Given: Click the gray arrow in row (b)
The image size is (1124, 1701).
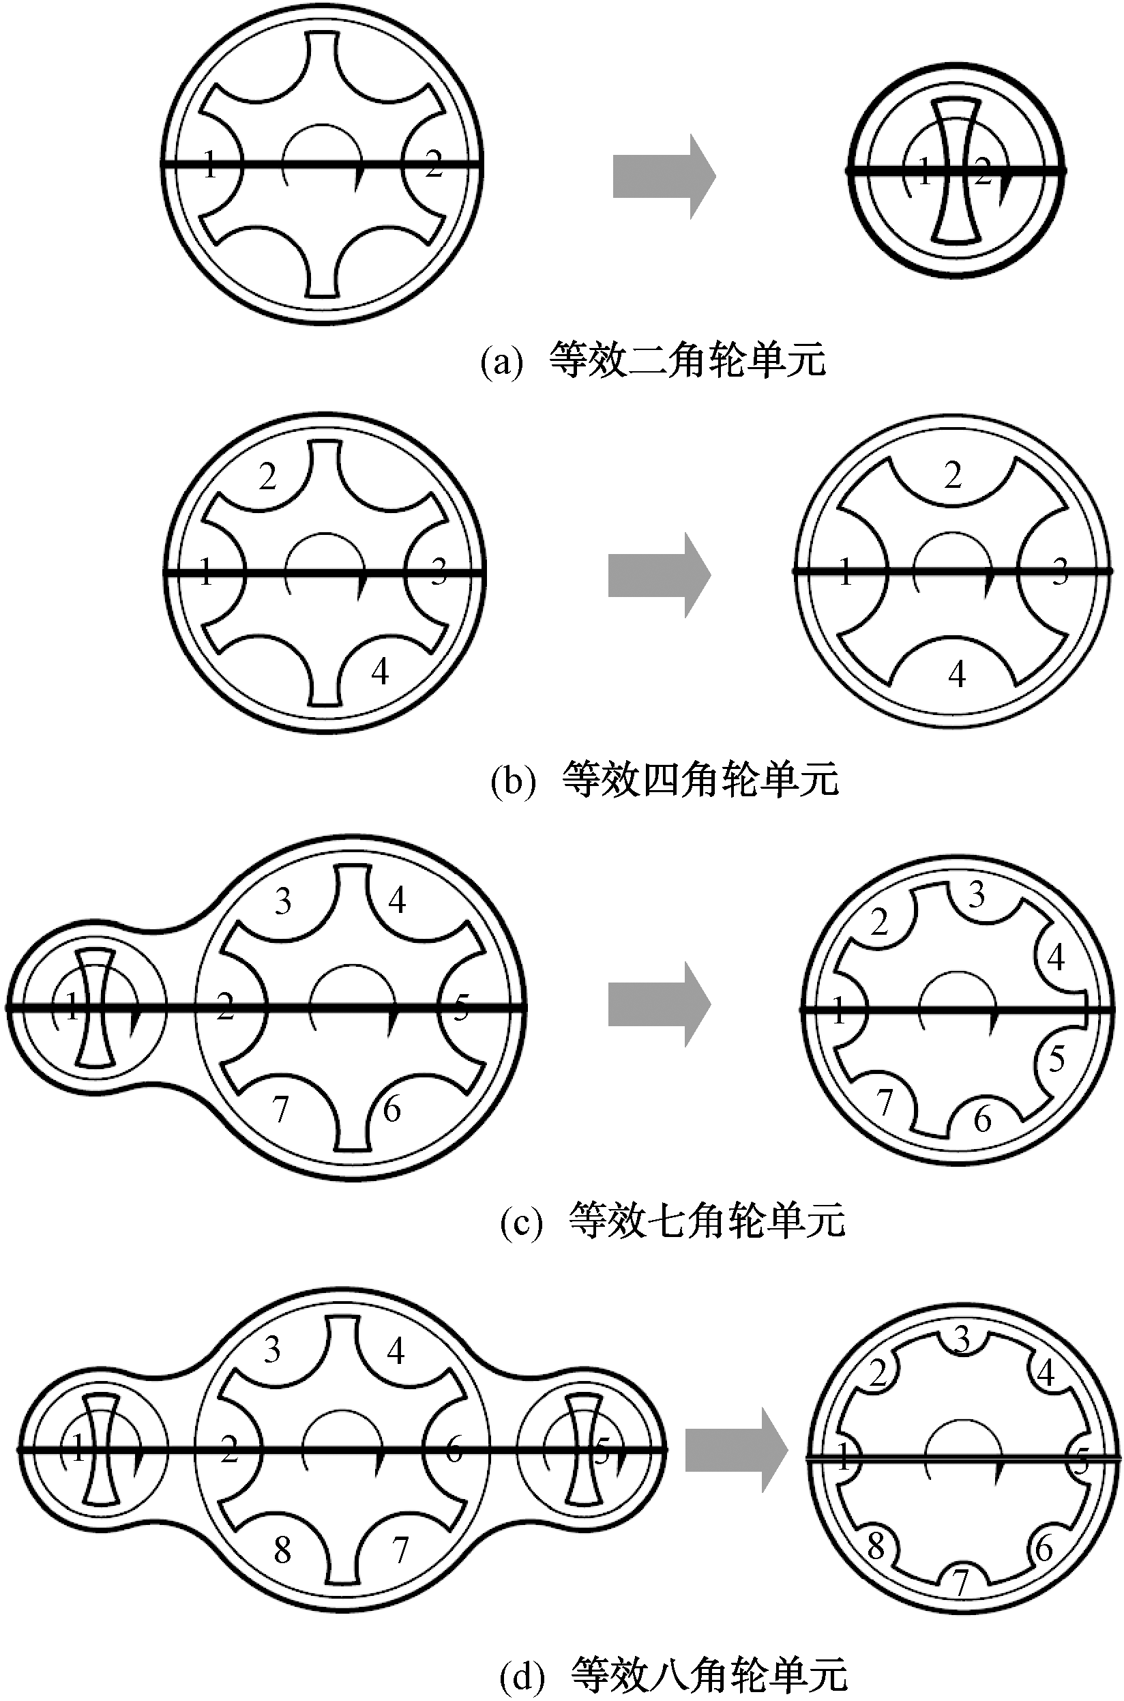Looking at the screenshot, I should [x=659, y=575].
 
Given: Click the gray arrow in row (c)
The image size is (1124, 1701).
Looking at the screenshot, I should [x=659, y=1004].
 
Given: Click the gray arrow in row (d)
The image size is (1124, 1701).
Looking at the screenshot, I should [x=735, y=1449].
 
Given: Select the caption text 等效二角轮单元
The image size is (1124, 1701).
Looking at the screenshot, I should [x=687, y=360].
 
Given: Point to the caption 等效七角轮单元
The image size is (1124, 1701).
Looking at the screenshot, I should [x=706, y=1219].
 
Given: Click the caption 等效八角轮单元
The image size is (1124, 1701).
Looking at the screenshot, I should [x=708, y=1674].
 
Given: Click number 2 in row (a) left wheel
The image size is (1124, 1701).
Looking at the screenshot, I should [x=433, y=164].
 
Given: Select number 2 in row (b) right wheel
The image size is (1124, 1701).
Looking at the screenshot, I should [x=953, y=476].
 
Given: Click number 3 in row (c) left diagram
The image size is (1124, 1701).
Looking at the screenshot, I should [x=283, y=901].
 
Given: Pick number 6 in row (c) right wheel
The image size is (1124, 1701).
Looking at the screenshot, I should [x=982, y=1120].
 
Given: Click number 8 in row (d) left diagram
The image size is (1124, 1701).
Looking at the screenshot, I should [x=282, y=1550].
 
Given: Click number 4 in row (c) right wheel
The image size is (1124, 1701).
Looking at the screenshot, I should [x=1055, y=957].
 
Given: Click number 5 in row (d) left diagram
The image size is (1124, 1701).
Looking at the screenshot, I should [x=602, y=1451].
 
